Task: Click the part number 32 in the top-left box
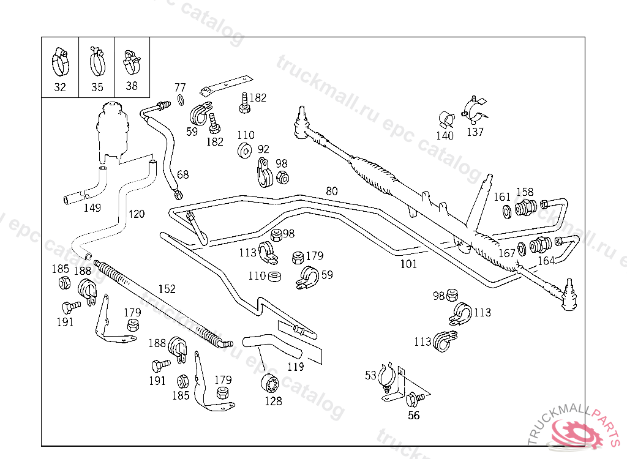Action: click(59, 87)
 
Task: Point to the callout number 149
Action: click(92, 207)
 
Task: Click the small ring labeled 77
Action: click(181, 100)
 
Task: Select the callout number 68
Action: click(182, 174)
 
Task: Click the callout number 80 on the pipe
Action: click(331, 191)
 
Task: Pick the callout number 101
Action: click(408, 264)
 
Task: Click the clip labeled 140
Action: click(446, 119)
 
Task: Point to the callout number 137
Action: click(475, 132)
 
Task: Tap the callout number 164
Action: click(546, 261)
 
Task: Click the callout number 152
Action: click(167, 289)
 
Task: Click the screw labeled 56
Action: click(412, 400)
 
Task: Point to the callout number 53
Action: click(370, 375)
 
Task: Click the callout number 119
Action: click(295, 367)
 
